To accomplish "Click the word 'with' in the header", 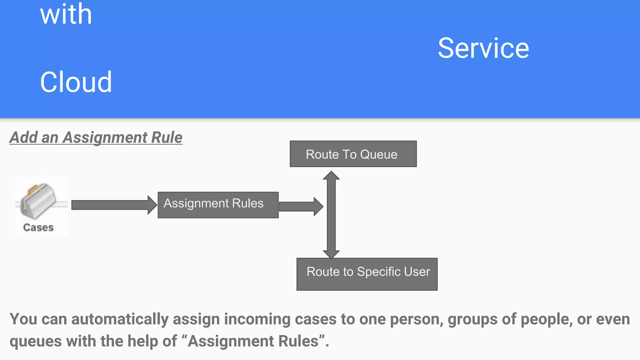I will pyautogui.click(x=66, y=14).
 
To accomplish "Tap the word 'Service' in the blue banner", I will pyautogui.click(x=483, y=48).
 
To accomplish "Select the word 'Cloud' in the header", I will pyautogui.click(x=76, y=82).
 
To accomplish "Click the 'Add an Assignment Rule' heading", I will pyautogui.click(x=96, y=137).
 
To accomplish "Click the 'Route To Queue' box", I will pyautogui.click(x=353, y=154).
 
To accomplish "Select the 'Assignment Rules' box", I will pyautogui.click(x=218, y=205).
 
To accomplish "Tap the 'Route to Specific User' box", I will pyautogui.click(x=367, y=274).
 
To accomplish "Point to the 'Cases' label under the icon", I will pyautogui.click(x=38, y=227).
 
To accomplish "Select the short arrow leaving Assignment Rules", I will pyautogui.click(x=300, y=207).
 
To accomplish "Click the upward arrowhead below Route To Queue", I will pyautogui.click(x=331, y=176).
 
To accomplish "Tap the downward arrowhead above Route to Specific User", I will pyautogui.click(x=331, y=254).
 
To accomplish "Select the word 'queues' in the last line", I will pyautogui.click(x=36, y=341).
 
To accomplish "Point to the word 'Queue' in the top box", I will pyautogui.click(x=378, y=154).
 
